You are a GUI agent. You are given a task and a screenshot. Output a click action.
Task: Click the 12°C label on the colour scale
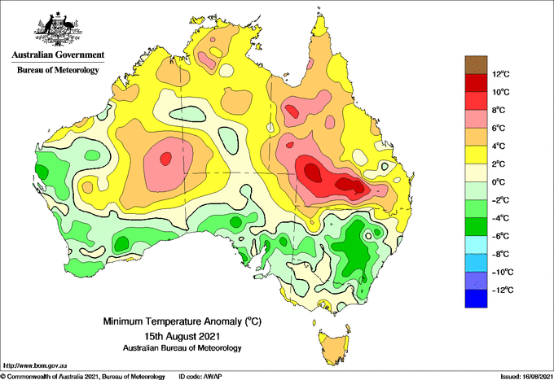click(501, 74)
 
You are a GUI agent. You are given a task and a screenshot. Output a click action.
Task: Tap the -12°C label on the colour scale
click(503, 290)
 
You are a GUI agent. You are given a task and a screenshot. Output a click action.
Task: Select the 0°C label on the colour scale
click(499, 182)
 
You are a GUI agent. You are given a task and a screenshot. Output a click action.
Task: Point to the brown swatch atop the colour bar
click(476, 64)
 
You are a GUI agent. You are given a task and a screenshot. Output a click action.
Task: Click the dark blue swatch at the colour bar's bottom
click(476, 299)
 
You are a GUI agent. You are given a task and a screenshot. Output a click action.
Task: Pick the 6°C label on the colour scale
click(499, 128)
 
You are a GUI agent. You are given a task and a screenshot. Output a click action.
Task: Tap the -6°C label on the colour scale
click(501, 236)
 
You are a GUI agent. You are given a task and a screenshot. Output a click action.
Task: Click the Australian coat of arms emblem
click(58, 29)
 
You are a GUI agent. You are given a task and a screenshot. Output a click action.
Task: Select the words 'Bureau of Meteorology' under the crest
click(58, 70)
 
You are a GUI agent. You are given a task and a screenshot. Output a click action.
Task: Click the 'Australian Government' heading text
click(58, 55)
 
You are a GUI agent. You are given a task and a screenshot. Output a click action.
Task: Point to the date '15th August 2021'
click(182, 334)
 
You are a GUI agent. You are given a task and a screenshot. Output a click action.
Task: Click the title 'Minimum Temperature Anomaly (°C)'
click(182, 321)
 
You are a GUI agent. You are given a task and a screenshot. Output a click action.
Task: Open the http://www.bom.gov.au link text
click(35, 365)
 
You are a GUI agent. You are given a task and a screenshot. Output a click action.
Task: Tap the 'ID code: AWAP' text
click(200, 377)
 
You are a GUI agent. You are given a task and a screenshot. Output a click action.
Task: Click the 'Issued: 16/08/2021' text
click(526, 377)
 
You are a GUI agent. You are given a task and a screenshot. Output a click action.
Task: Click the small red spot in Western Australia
click(165, 159)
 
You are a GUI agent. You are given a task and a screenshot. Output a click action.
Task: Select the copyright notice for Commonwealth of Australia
click(83, 377)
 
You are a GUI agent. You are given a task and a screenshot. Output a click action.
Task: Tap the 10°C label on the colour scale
click(501, 92)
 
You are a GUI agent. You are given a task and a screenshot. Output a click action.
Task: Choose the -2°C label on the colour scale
click(501, 200)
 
